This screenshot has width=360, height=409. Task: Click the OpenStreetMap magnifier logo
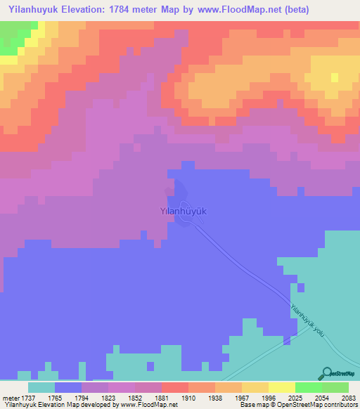point(326,374)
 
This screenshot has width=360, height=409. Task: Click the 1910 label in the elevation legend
point(188,397)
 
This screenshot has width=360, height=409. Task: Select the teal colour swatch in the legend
point(41,387)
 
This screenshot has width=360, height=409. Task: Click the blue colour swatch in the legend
point(67,387)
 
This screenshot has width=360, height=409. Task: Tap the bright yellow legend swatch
point(282,387)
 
